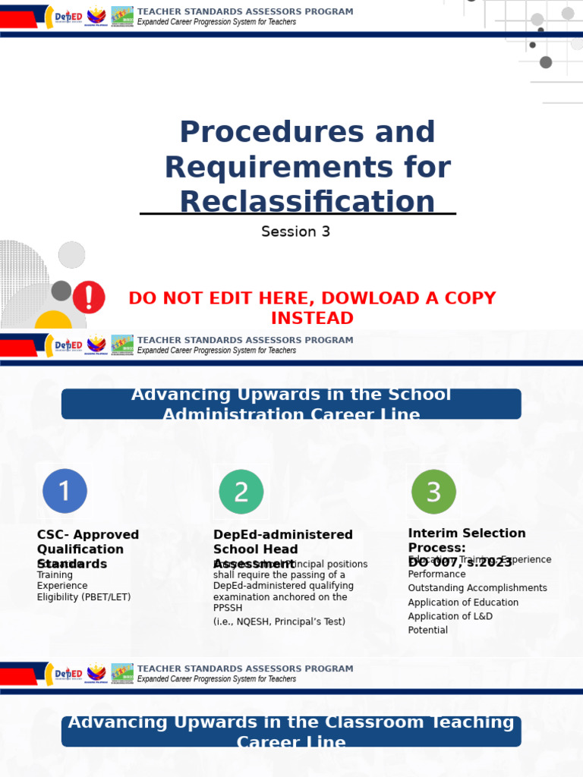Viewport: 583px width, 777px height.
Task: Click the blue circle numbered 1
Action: point(65,491)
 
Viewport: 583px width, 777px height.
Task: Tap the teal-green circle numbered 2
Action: point(241,492)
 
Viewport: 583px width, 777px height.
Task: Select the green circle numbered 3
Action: point(433,492)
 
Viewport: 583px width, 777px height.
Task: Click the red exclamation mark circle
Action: point(89,297)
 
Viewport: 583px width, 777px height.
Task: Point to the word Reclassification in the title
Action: point(307,202)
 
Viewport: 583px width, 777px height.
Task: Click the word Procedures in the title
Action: point(244,133)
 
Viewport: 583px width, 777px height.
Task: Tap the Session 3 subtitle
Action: point(295,232)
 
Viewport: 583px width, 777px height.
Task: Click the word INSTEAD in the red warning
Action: point(312,318)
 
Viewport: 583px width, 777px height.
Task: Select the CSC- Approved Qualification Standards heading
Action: point(87,549)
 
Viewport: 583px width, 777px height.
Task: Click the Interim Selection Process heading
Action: point(466,540)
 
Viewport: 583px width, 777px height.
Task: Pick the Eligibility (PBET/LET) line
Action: point(84,597)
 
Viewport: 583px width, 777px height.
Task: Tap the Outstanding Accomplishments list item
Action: point(477,588)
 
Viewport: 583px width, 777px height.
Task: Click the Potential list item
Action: point(428,631)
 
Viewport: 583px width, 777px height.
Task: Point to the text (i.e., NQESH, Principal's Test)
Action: point(279,622)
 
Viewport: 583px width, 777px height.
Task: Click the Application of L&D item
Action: point(450,616)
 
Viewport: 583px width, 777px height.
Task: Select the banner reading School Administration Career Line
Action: point(291,404)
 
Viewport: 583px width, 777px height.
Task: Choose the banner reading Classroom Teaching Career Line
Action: point(291,731)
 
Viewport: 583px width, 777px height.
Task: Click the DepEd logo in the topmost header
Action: point(68,17)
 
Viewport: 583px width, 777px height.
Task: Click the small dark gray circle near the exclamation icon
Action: point(61,291)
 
